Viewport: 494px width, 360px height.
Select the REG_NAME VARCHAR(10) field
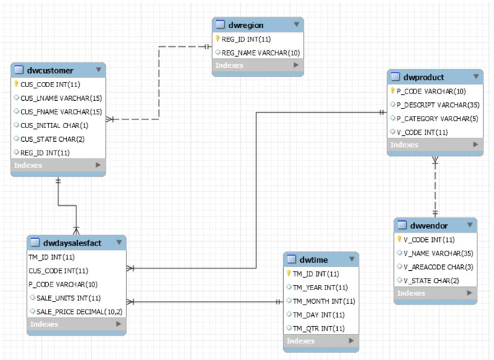pos(260,53)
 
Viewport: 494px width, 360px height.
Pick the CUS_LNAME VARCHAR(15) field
pos(60,98)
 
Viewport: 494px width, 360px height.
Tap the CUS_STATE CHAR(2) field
pos(52,139)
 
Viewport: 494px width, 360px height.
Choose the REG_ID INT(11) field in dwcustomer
pos(45,153)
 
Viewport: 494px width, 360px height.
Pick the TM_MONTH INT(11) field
pos(324,301)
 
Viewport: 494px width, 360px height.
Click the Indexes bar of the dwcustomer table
pos(58,166)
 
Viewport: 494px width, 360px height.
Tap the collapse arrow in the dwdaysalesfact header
pos(119,243)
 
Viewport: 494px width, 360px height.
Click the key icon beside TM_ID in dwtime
pos(289,274)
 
